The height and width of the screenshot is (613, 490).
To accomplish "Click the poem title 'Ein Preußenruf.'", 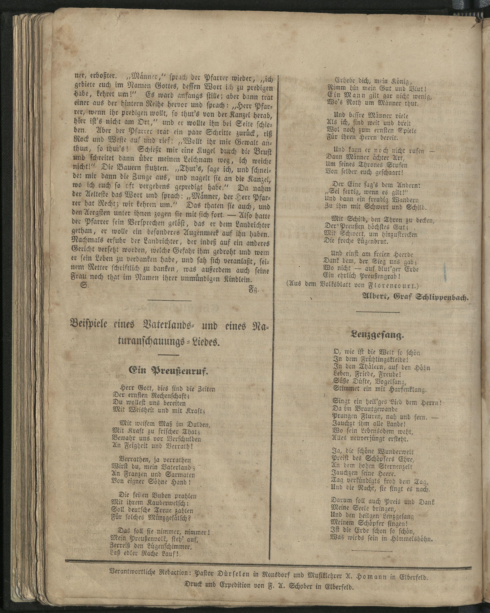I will (x=168, y=370).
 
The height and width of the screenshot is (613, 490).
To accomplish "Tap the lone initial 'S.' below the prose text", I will (x=84, y=286).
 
